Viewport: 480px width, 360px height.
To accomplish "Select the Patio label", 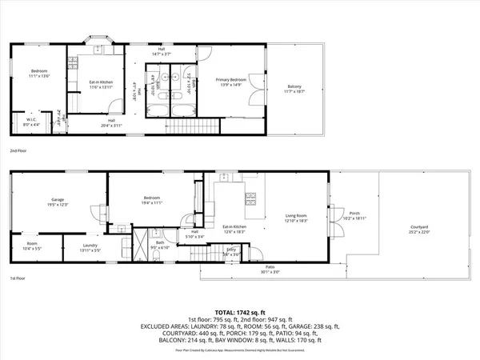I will click(270, 268).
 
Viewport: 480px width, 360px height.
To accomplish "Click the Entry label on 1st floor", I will click(232, 251).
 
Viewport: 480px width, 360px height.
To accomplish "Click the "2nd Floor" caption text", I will click(18, 150).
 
